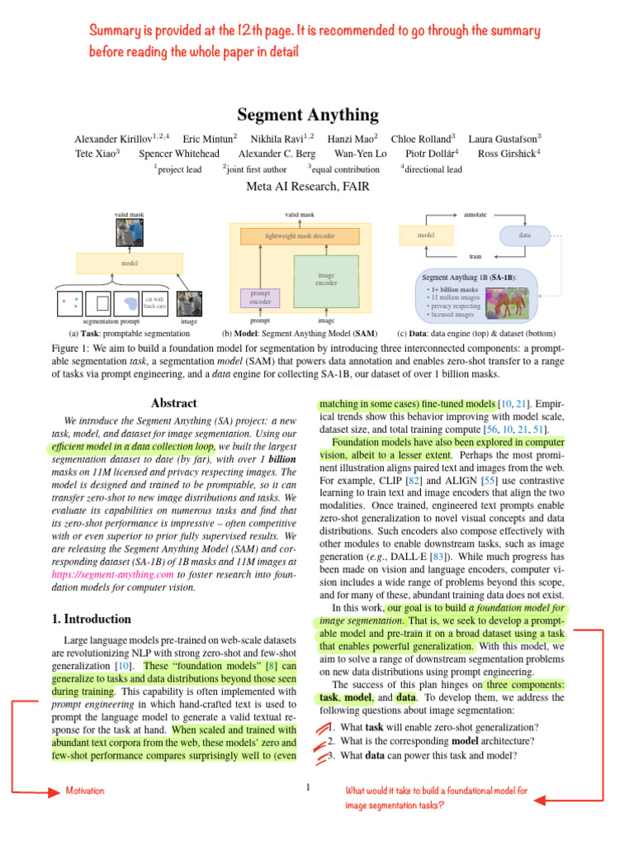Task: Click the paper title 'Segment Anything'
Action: (308, 115)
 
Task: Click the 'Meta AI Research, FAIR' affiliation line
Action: (308, 186)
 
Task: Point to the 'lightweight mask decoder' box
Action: (300, 235)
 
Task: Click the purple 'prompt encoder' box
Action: (260, 297)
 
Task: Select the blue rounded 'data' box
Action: (524, 235)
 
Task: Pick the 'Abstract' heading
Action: (173, 403)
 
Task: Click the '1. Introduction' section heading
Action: (92, 619)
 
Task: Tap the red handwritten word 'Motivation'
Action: (85, 791)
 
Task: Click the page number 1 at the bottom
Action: (308, 787)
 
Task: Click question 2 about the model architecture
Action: (428, 741)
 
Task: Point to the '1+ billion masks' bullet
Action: (452, 290)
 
